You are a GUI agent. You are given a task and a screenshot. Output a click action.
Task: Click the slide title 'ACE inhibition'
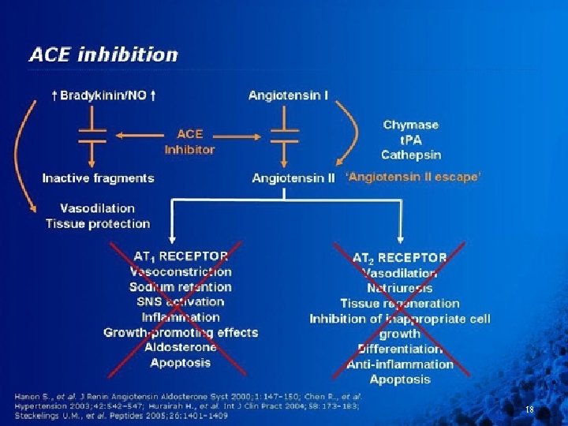[103, 54]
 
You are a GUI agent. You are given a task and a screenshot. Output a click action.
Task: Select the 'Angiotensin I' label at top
[289, 95]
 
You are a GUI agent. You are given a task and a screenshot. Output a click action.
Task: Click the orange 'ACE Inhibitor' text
[189, 141]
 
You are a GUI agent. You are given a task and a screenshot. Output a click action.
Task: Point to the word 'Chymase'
[410, 125]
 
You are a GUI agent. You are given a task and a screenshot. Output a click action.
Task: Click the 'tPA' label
[410, 140]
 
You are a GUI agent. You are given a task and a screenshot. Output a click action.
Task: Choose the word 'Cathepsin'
[411, 155]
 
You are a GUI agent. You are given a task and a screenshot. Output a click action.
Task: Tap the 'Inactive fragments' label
[98, 177]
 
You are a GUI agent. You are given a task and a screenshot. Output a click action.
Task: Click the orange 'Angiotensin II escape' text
[413, 177]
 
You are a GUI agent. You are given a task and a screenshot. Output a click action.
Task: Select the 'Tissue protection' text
[98, 223]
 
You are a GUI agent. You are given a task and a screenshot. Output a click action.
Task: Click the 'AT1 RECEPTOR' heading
[181, 256]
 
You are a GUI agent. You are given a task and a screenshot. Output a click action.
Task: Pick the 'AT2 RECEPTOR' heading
[399, 258]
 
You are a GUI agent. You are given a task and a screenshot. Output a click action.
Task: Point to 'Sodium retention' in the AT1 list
[181, 286]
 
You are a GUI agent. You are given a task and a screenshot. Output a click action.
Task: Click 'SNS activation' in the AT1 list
[181, 301]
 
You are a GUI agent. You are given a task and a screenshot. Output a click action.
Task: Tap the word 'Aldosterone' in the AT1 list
[181, 347]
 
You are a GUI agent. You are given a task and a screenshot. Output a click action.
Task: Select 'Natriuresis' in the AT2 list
[399, 288]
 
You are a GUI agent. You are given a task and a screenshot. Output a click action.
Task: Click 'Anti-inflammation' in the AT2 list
[400, 364]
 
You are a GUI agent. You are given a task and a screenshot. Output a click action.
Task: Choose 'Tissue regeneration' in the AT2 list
[399, 303]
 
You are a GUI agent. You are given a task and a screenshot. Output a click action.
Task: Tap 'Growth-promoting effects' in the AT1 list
[181, 332]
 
